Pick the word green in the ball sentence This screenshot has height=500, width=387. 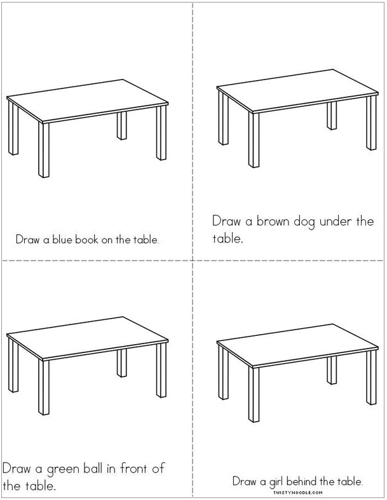(62, 470)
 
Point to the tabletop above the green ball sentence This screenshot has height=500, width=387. (88, 337)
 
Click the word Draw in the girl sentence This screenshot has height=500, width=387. (244, 482)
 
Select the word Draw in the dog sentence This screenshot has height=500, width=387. (225, 222)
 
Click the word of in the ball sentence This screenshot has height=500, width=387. (158, 469)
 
